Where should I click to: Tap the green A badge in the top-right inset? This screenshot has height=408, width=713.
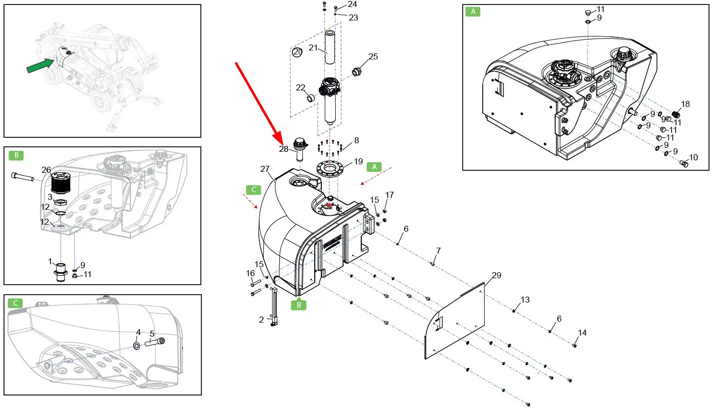pos(473,11)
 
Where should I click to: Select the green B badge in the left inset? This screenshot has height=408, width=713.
pos(16,156)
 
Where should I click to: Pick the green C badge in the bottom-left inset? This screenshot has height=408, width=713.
pos(15,303)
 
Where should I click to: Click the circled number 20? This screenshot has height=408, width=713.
pos(297,52)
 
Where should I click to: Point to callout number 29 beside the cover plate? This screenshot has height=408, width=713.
pos(496,276)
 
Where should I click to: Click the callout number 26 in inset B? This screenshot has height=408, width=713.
pos(46,170)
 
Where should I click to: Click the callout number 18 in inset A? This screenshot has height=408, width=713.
pos(685,104)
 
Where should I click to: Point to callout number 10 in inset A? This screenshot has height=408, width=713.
pos(693,158)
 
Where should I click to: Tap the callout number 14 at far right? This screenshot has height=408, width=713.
pos(583,333)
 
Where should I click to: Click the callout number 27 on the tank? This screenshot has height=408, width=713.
pos(265,169)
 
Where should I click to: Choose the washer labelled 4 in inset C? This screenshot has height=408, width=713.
pos(136,346)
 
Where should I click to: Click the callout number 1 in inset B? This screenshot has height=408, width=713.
pos(50,261)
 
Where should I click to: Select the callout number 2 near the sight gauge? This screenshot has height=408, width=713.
pos(261,320)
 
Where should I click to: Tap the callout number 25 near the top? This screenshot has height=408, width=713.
pos(373,57)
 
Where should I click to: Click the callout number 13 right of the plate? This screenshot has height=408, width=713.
pos(525,300)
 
